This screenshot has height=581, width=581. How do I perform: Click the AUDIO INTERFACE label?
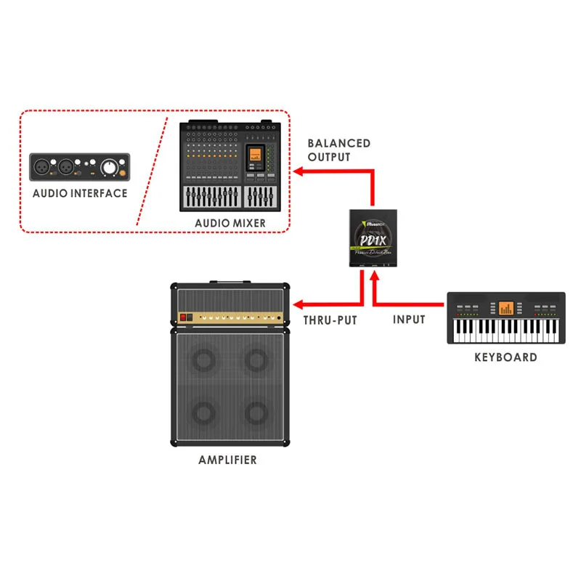click(x=80, y=193)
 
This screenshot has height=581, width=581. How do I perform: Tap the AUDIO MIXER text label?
click(x=230, y=223)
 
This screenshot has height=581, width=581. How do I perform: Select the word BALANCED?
click(x=338, y=143)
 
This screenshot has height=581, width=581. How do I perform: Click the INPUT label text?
click(x=409, y=320)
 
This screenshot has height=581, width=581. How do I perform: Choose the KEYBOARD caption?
click(x=505, y=357)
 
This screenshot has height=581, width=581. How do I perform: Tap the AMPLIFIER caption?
click(x=227, y=460)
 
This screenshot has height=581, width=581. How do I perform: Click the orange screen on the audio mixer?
click(x=254, y=154)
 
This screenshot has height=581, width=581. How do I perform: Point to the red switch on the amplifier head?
click(x=186, y=317)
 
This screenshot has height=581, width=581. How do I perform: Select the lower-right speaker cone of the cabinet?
click(x=257, y=413)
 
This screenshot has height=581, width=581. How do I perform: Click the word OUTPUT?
click(x=328, y=157)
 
